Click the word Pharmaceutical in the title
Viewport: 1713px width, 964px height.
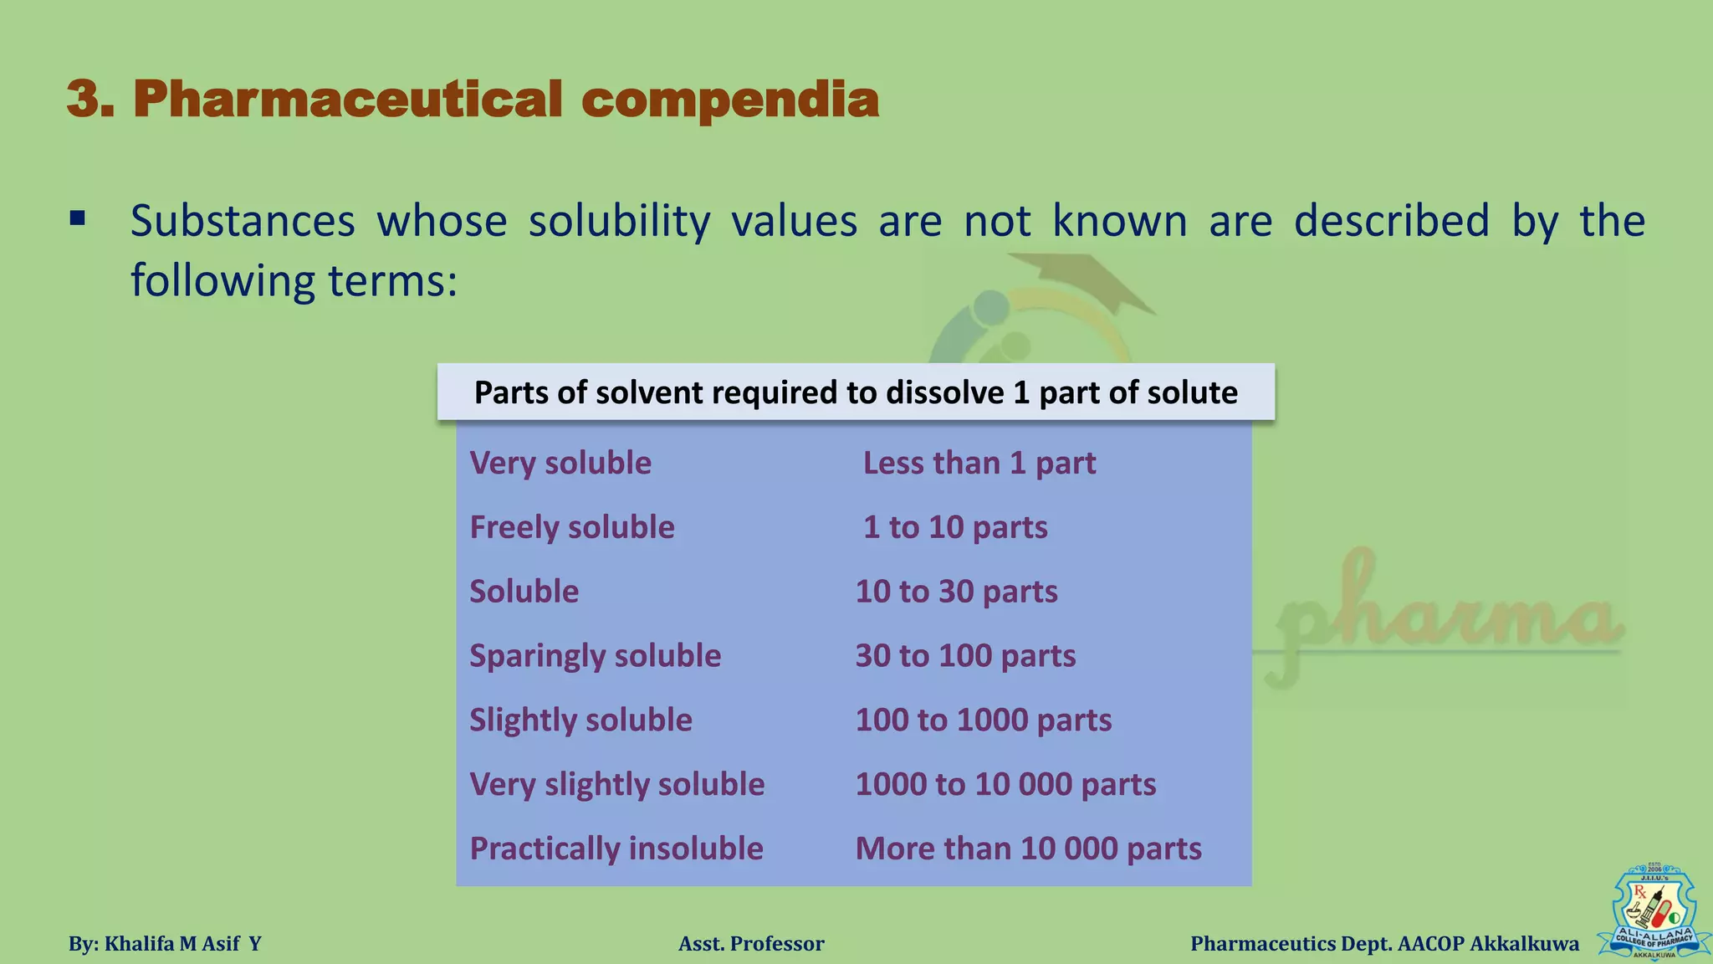coord(347,100)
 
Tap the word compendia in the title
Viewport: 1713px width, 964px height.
coord(730,100)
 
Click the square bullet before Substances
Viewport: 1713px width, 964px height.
coord(78,220)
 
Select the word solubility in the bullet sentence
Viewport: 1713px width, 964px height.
coord(619,221)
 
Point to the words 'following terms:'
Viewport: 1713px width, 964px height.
coord(294,280)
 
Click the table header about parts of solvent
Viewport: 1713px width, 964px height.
coord(856,392)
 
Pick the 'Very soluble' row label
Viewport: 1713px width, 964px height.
coord(560,463)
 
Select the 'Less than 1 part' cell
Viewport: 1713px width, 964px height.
coord(979,463)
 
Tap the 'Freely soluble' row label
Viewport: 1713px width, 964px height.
coord(572,527)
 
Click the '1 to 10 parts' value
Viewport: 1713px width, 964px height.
coord(955,527)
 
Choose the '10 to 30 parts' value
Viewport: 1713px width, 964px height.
coord(956,592)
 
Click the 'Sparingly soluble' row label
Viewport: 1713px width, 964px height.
coord(595,656)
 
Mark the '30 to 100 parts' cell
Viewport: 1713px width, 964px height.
coord(965,656)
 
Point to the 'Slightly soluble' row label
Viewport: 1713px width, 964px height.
coord(580,720)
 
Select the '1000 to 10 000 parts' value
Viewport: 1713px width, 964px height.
coord(1005,784)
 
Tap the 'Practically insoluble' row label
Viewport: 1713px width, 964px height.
coord(616,849)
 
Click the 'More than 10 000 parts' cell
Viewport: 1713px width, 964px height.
coord(1028,849)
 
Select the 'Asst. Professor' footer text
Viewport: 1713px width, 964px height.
coord(751,944)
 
